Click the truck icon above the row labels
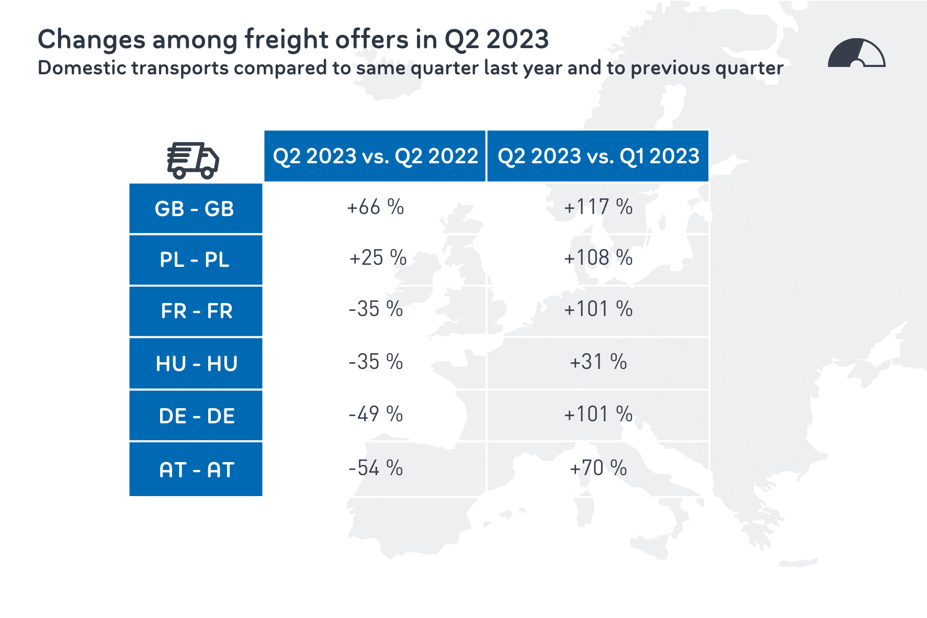click(x=193, y=160)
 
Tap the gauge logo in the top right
click(x=856, y=53)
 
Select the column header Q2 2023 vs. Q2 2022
click(x=375, y=156)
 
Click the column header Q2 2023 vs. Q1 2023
click(x=598, y=156)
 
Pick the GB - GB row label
click(x=195, y=208)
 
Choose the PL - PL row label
click(x=195, y=260)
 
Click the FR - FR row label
click(x=195, y=311)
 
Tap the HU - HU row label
click(x=195, y=363)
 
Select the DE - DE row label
click(x=195, y=415)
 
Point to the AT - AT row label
click(x=195, y=469)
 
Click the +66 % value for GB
click(x=375, y=207)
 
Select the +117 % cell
click(x=598, y=207)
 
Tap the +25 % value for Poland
click(x=377, y=258)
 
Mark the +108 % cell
click(x=598, y=258)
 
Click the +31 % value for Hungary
click(x=598, y=362)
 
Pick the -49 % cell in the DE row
click(x=375, y=414)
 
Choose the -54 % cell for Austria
click(x=375, y=468)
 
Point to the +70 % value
click(x=598, y=468)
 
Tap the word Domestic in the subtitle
click(x=80, y=68)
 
